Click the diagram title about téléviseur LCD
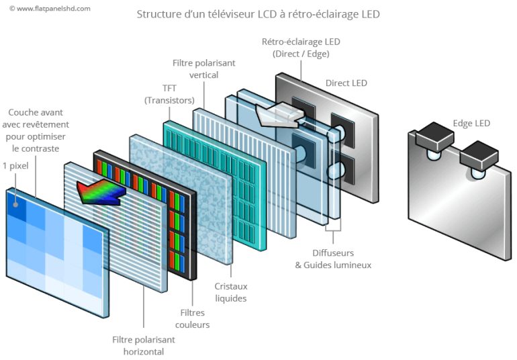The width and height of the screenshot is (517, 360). [x=258, y=14]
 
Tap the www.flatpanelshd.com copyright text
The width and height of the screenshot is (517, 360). [x=50, y=9]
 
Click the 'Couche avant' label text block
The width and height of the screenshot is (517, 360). [x=38, y=130]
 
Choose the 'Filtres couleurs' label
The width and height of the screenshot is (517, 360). [x=195, y=318]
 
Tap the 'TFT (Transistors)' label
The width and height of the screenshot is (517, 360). [x=169, y=94]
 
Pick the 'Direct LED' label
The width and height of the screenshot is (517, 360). [x=346, y=83]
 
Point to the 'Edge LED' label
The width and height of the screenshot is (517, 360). [x=472, y=123]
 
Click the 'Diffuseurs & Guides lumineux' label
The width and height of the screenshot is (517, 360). [x=333, y=259]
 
